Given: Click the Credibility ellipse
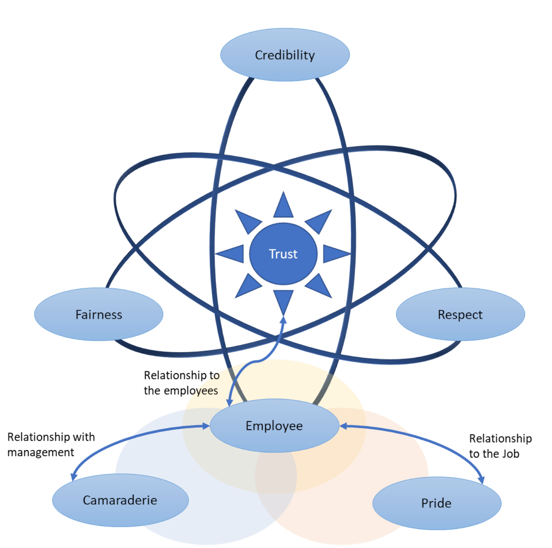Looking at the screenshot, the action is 285,55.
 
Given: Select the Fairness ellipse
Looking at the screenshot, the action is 99,314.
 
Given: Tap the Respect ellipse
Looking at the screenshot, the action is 460,314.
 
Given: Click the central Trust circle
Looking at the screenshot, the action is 283,254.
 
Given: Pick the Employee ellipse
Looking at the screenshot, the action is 274,425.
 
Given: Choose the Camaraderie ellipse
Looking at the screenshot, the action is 120,500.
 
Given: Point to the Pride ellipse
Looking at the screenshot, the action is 437,503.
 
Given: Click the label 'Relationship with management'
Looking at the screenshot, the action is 51,444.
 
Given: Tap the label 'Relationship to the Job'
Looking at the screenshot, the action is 500,446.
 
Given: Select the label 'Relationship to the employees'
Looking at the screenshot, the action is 182,383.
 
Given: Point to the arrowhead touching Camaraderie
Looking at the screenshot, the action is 74,476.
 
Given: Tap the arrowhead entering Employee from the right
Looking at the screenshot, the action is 343,426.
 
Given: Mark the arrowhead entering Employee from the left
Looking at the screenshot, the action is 206,426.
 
